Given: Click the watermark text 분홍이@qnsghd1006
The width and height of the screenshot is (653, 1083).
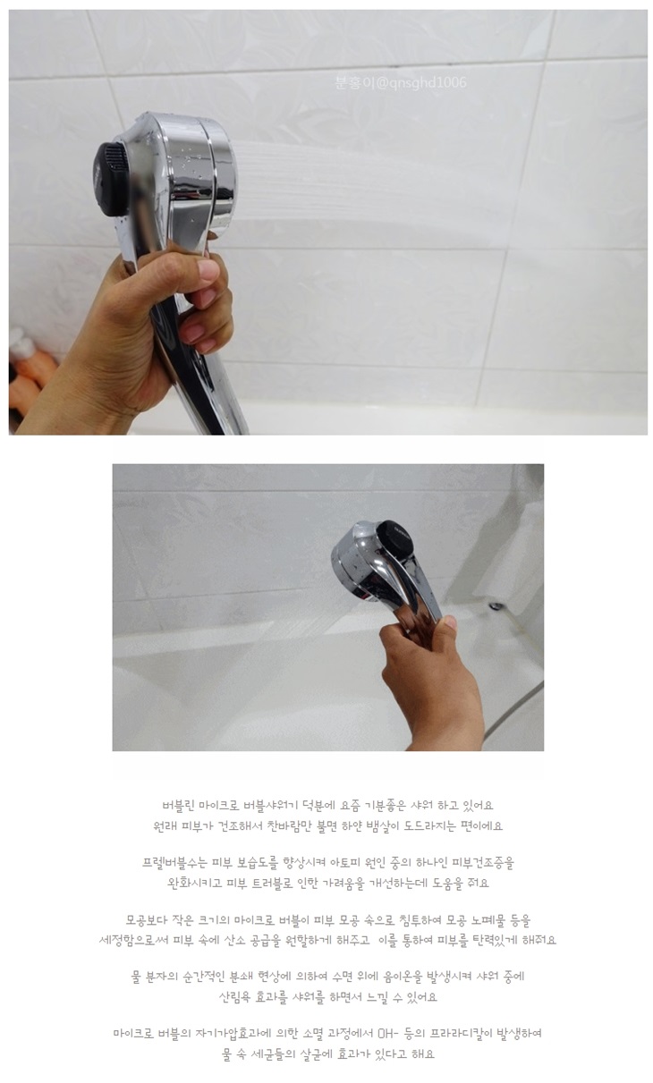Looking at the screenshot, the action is pyautogui.click(x=401, y=82).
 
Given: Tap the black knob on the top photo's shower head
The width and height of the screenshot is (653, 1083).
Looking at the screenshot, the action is pyautogui.click(x=111, y=179).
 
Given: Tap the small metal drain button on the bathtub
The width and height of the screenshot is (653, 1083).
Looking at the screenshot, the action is pyautogui.click(x=495, y=605).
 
